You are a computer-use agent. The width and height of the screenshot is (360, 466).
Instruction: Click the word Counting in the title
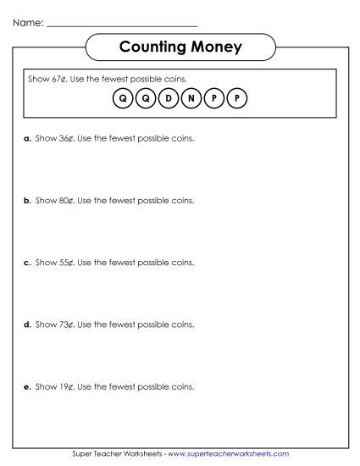click(x=152, y=46)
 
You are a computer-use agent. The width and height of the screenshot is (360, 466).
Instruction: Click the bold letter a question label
click(x=27, y=139)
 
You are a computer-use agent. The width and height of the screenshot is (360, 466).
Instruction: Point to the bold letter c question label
click(x=27, y=263)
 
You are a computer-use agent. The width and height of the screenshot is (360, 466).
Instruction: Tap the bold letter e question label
click(x=27, y=386)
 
